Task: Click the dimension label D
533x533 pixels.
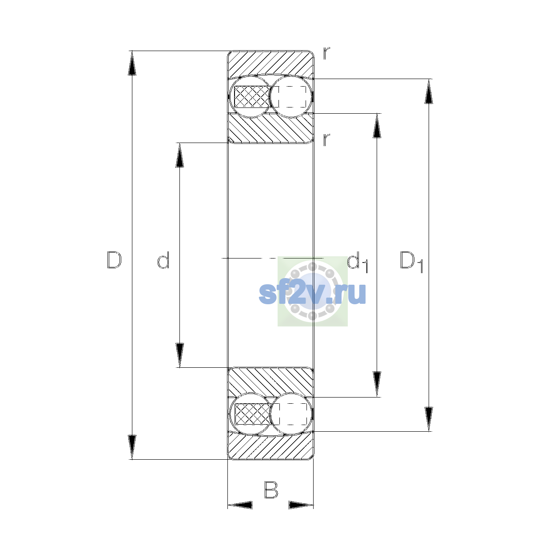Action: point(114,260)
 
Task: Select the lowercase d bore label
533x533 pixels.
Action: point(163,260)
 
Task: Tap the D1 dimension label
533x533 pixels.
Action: point(412,262)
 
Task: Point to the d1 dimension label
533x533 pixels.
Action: point(358,262)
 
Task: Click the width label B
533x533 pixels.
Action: point(271,490)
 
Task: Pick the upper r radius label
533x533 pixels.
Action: point(326,53)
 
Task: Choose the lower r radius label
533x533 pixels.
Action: point(326,139)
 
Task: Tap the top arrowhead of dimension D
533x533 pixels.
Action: point(132,63)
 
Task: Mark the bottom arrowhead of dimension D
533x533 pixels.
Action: point(132,447)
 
